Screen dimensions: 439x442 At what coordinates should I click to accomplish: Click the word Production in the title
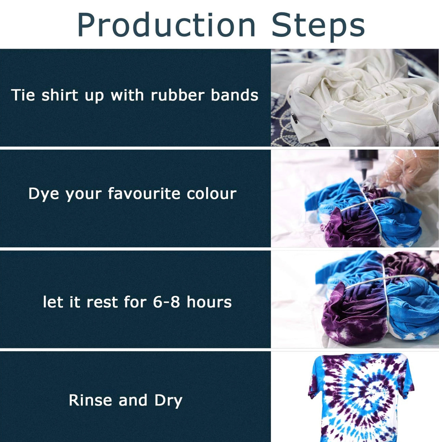coord(167,25)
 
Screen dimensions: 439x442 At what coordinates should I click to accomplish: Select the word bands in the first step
coord(235,95)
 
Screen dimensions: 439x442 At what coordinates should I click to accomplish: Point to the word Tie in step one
coord(23,95)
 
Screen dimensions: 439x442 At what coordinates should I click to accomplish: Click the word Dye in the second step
coord(43,194)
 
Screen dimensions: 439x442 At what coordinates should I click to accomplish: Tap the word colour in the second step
coord(211,193)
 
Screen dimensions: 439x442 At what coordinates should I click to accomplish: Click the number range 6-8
coord(166,302)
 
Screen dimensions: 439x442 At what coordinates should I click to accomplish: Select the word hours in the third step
coord(209,302)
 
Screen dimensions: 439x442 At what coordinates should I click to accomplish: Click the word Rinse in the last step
coord(90,400)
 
